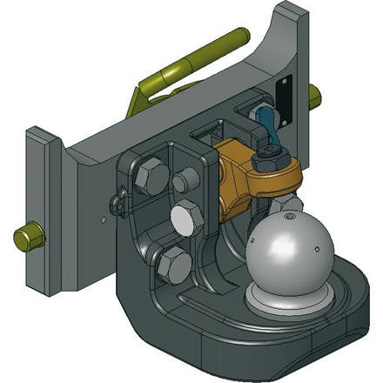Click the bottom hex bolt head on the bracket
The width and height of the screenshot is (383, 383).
(x=171, y=261)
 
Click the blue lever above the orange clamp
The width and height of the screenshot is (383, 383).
(x=266, y=130)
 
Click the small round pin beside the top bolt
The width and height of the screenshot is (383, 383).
(x=182, y=183)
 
